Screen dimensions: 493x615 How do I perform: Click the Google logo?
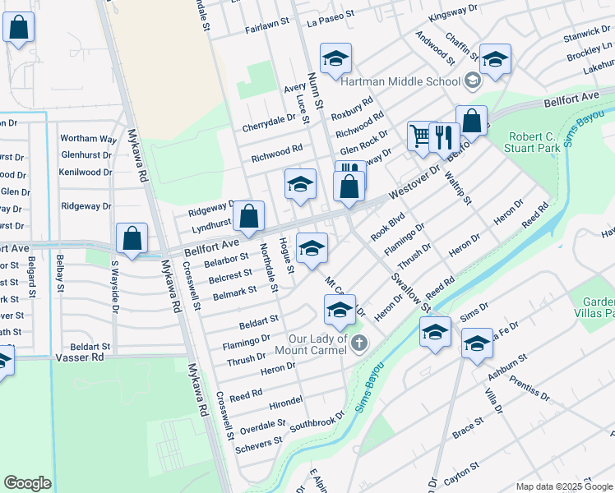27,483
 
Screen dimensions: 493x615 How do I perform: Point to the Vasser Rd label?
81,357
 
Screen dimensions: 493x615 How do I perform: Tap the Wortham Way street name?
88,138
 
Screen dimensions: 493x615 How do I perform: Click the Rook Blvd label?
388,223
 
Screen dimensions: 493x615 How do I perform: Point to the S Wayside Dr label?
115,286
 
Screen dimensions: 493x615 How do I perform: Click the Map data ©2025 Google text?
563,486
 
